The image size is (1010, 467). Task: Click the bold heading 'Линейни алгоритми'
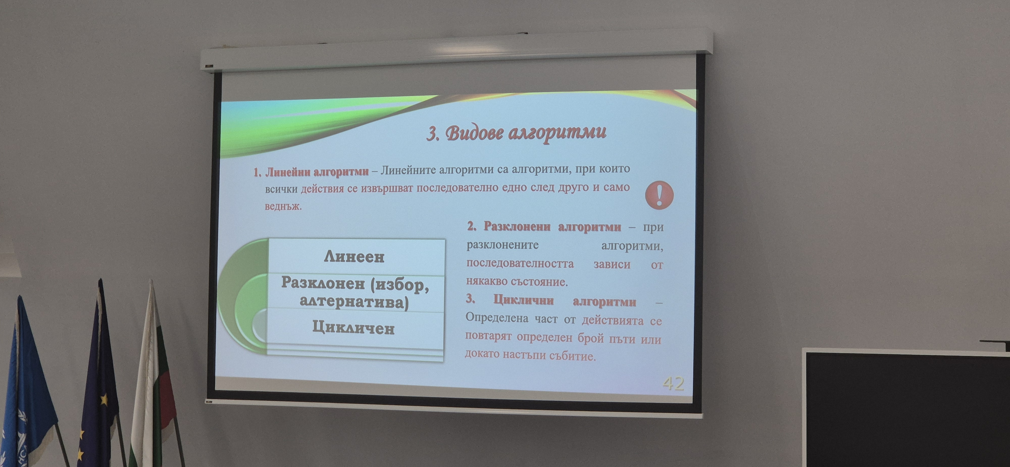317,172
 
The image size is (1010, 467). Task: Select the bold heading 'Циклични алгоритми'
565,301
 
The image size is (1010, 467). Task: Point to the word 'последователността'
520,263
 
